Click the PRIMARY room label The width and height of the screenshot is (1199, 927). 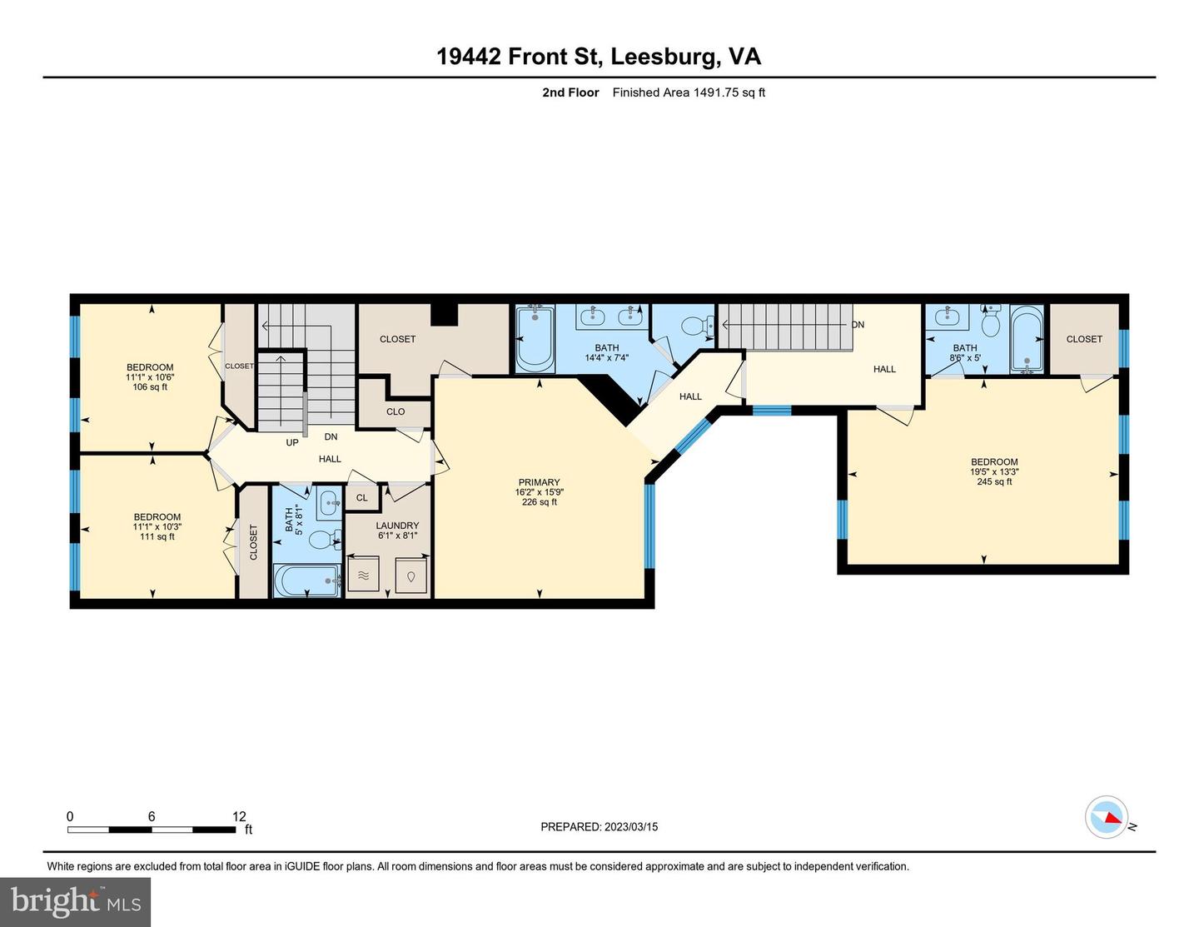tap(539, 482)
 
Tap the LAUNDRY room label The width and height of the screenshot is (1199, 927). tap(397, 526)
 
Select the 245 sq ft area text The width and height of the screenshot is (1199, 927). tap(994, 481)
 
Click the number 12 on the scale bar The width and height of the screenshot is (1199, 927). tap(239, 816)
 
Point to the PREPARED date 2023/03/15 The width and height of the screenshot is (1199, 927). tap(630, 827)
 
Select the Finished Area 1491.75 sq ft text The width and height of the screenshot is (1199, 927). tap(689, 92)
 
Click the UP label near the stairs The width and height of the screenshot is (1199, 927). tap(292, 442)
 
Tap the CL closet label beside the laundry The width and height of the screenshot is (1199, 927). tap(362, 498)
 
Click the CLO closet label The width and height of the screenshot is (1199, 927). tap(395, 411)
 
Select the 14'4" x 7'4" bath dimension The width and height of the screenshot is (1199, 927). tap(606, 357)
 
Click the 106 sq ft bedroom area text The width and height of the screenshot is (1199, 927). tap(150, 386)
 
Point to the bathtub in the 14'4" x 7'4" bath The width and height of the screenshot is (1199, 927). tap(535, 339)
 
